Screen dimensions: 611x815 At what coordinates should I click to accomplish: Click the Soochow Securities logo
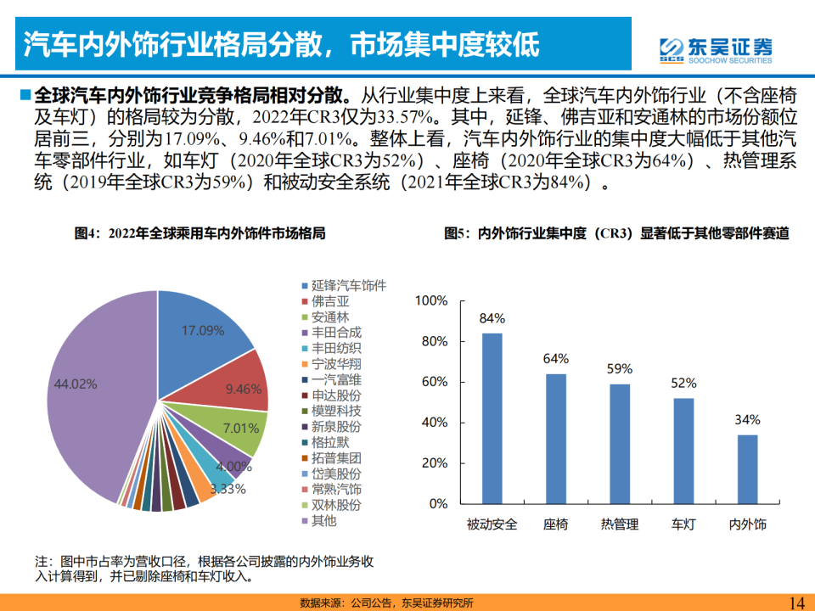pos(716,49)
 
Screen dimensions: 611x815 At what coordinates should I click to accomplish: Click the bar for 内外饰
pos(747,468)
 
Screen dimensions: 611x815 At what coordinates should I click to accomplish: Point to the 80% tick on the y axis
pos(430,342)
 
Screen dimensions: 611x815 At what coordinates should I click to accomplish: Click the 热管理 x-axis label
pos(619,524)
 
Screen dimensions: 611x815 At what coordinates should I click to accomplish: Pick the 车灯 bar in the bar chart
pos(683,450)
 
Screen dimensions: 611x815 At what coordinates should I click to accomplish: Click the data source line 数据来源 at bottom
pos(386,603)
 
